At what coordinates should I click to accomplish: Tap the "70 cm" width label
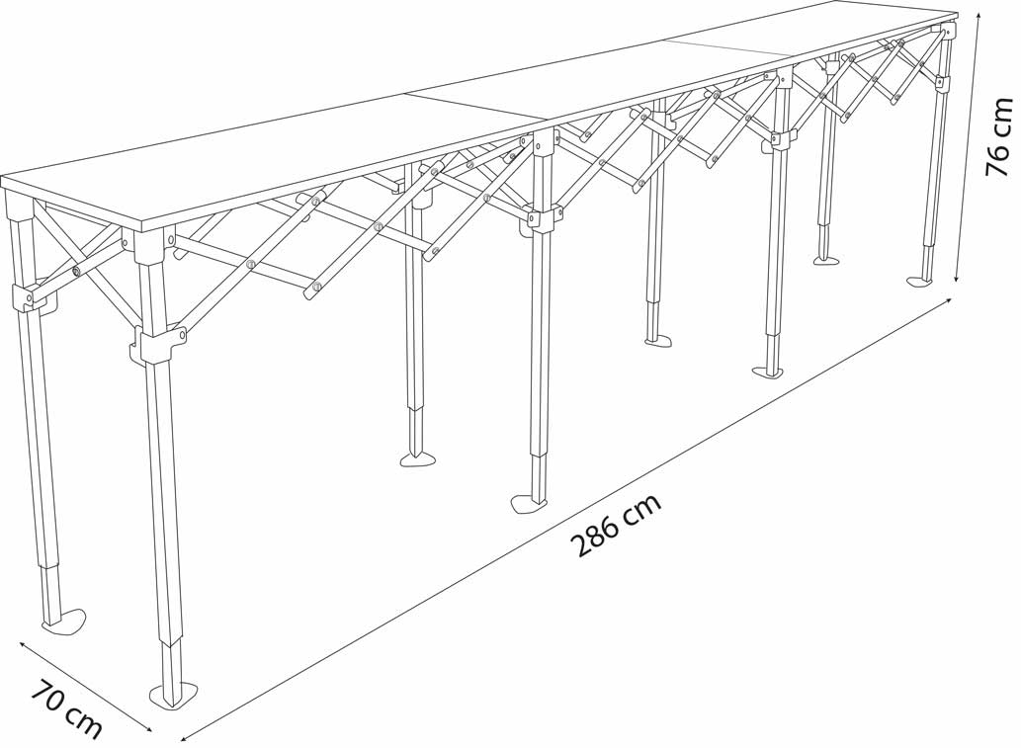click(x=66, y=708)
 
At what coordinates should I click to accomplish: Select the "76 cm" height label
click(x=999, y=137)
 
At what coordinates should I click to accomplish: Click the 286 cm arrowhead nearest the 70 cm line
click(x=185, y=737)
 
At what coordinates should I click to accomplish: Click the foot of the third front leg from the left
click(x=768, y=372)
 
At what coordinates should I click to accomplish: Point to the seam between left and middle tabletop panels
click(x=475, y=106)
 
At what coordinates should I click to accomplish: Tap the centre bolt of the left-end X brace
click(x=75, y=270)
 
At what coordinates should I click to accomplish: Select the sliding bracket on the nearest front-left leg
click(x=157, y=345)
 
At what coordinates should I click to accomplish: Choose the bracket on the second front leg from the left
click(x=539, y=220)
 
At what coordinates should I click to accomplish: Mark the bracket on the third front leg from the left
click(x=779, y=139)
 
